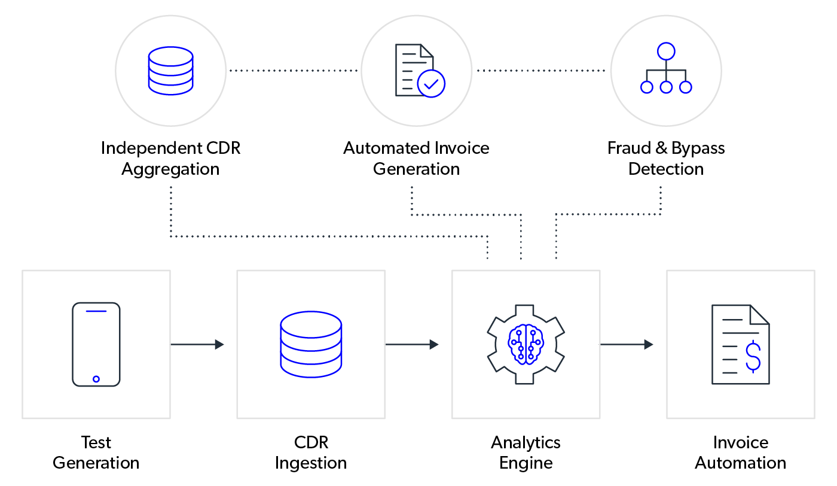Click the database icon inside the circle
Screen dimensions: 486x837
pyautogui.click(x=170, y=71)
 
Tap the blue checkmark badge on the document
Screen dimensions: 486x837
pyautogui.click(x=431, y=83)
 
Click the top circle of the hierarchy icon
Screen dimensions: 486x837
pyautogui.click(x=666, y=51)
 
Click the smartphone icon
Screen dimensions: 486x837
pyautogui.click(x=96, y=344)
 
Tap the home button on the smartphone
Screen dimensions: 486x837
pyautogui.click(x=96, y=379)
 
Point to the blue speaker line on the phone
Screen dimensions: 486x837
pyautogui.click(x=96, y=311)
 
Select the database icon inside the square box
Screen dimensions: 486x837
pyautogui.click(x=311, y=344)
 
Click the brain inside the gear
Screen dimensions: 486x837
pyautogui.click(x=526, y=344)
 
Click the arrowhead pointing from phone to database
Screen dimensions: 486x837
pyautogui.click(x=219, y=345)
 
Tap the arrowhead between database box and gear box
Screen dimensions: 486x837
pyautogui.click(x=434, y=345)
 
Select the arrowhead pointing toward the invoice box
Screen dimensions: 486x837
pyautogui.click(x=649, y=345)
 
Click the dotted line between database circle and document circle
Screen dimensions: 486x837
pyautogui.click(x=293, y=71)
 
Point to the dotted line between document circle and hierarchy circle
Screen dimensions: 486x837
pyautogui.click(x=541, y=71)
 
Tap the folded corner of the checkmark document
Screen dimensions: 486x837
pyautogui.click(x=427, y=50)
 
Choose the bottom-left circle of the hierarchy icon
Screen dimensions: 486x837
pyautogui.click(x=647, y=87)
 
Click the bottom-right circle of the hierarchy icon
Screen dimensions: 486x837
pyautogui.click(x=686, y=87)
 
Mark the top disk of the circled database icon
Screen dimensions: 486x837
pyautogui.click(x=170, y=56)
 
